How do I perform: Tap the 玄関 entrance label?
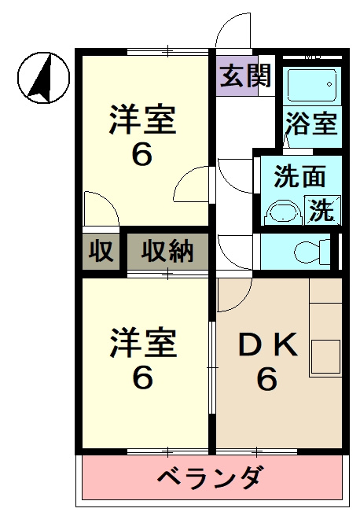click(x=245, y=77)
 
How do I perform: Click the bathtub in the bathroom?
click(x=311, y=84)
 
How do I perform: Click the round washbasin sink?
click(x=284, y=212)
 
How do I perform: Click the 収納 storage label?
click(x=167, y=252)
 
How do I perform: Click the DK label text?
click(x=266, y=345)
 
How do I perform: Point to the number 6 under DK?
click(x=266, y=380)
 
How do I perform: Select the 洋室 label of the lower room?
click(x=142, y=344)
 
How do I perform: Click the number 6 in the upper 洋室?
click(x=141, y=155)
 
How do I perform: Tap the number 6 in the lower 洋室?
click(x=141, y=378)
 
